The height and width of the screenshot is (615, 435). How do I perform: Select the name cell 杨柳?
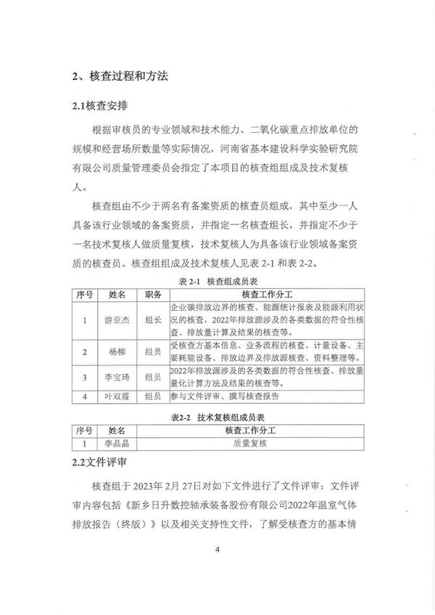(x=118, y=352)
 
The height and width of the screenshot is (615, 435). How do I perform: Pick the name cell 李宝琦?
(x=118, y=378)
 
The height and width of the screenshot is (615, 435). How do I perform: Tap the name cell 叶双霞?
(x=118, y=396)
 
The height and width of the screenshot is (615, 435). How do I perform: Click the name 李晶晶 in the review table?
(x=118, y=441)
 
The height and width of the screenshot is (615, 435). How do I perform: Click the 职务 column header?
(x=153, y=293)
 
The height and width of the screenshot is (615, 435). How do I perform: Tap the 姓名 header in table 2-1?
(x=118, y=293)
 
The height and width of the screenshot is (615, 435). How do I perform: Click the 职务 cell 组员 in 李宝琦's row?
(x=153, y=378)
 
